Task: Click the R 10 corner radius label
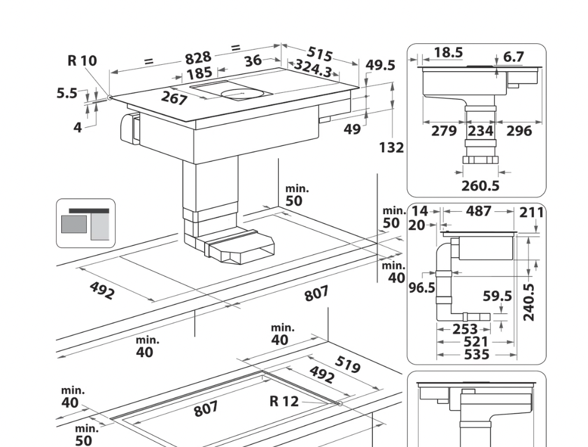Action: click(x=82, y=60)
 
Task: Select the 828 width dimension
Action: click(x=198, y=58)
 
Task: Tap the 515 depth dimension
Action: click(x=320, y=54)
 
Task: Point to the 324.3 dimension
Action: click(x=313, y=68)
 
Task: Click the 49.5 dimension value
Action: click(x=380, y=65)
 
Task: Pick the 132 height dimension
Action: click(x=391, y=148)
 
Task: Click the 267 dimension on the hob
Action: click(x=174, y=98)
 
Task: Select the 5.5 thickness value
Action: click(x=67, y=93)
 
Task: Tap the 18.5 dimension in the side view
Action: click(x=448, y=52)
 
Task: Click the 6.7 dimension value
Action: click(x=513, y=57)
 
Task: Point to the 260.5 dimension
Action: click(x=481, y=186)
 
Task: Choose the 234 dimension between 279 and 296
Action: click(x=481, y=131)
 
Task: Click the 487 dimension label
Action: click(x=478, y=211)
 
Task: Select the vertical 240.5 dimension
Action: click(x=528, y=302)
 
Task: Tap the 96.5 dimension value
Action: click(x=422, y=288)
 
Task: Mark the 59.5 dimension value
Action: click(x=497, y=296)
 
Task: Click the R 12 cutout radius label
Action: click(x=284, y=401)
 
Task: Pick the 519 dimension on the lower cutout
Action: click(x=348, y=365)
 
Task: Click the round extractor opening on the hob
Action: click(x=242, y=94)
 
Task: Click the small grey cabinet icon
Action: click(x=86, y=223)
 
